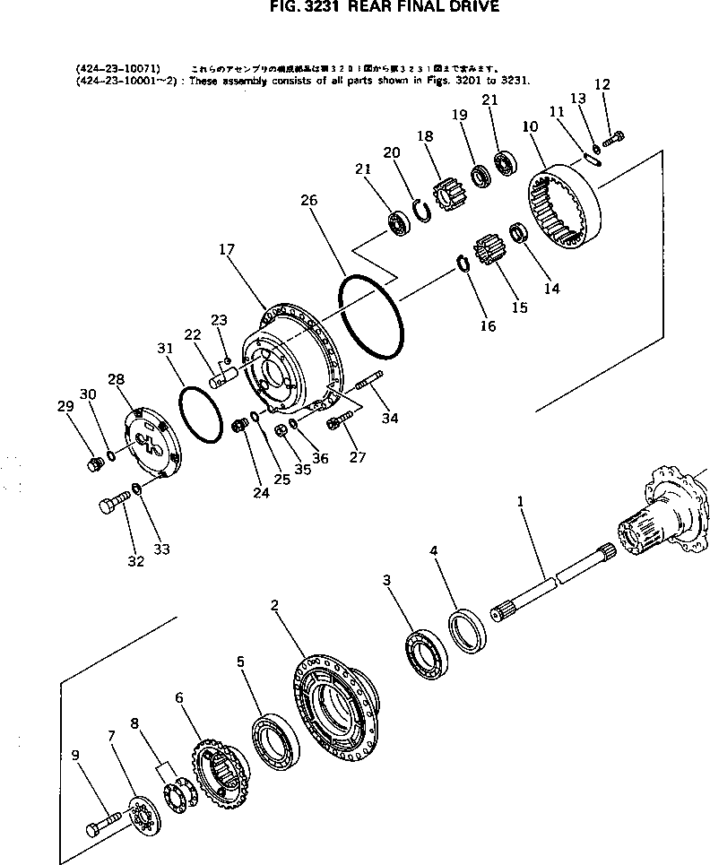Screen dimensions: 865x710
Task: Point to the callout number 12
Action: tap(602, 85)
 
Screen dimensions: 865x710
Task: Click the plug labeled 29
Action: tap(91, 463)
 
